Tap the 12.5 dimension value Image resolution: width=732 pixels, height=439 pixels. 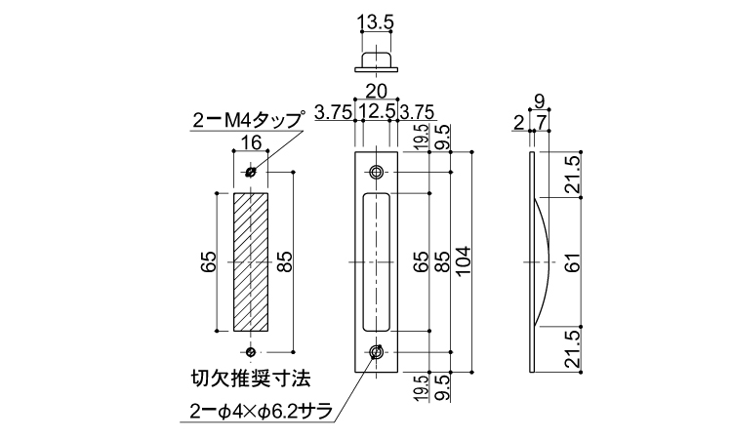(377, 111)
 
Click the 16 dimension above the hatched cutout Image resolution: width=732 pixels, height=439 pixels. (251, 143)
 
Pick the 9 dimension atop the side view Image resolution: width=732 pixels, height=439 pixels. (540, 98)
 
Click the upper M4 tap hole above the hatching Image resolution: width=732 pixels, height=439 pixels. (251, 173)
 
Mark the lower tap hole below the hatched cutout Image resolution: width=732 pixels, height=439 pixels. (251, 351)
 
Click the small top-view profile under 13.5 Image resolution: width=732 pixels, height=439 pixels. (377, 61)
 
